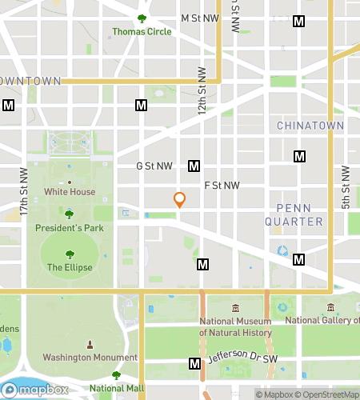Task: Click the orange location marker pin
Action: click(180, 200)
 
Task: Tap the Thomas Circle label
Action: click(142, 33)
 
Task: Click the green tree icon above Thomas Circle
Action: click(142, 18)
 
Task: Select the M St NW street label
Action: click(200, 17)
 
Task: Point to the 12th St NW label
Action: click(202, 92)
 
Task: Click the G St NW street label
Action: click(154, 166)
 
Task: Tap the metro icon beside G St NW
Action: click(194, 166)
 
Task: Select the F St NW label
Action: click(222, 185)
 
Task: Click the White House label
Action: click(70, 192)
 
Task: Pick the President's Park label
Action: click(70, 228)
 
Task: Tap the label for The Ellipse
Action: click(70, 267)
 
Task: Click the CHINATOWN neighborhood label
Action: click(310, 126)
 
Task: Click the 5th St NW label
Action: click(346, 187)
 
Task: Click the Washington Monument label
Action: click(89, 357)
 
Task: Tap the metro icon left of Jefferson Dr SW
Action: click(194, 364)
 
